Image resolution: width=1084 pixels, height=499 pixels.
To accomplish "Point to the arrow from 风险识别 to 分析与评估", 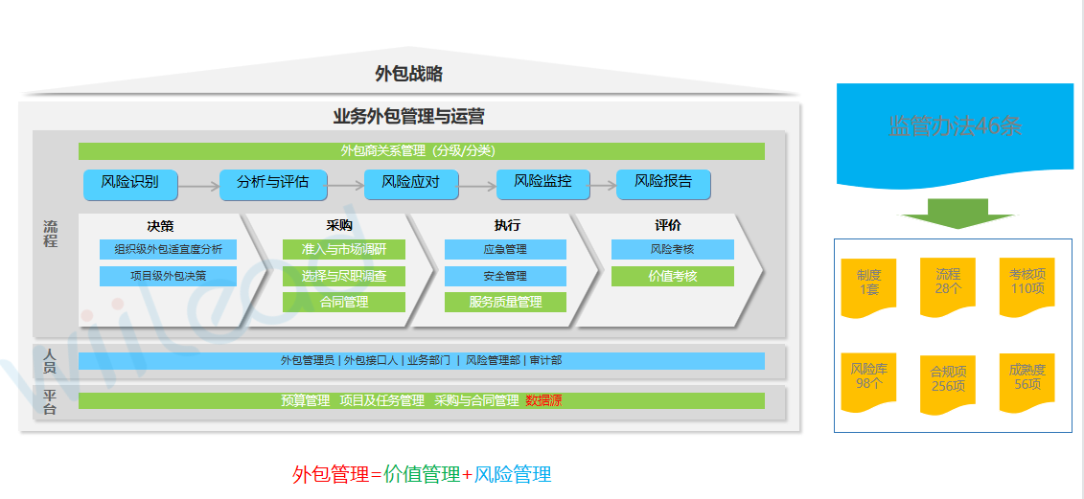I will [198, 187].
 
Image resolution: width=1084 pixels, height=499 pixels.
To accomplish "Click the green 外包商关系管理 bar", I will [421, 151].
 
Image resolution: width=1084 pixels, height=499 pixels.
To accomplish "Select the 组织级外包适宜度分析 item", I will [168, 250].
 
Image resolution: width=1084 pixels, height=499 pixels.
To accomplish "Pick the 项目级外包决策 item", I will [168, 277].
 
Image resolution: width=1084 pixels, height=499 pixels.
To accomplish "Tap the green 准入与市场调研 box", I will [344, 250].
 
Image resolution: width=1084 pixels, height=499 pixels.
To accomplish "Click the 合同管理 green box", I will [344, 303].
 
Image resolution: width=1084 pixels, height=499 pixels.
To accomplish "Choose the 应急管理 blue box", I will [505, 250].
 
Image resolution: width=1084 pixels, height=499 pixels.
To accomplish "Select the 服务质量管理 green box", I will [505, 303].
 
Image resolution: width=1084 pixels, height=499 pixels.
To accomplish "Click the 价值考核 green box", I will [673, 277].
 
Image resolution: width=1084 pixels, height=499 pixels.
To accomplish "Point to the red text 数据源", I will [543, 400].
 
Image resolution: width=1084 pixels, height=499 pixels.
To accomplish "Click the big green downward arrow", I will [957, 214].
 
